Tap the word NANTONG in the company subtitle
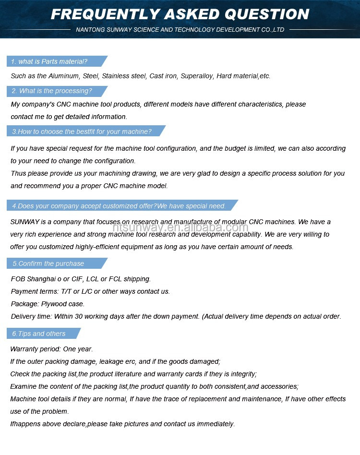[87, 30]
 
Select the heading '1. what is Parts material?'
[49, 61]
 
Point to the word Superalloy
[196, 76]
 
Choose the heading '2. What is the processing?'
[51, 91]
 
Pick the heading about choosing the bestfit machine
[82, 132]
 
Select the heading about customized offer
[119, 206]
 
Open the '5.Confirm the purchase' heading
[48, 263]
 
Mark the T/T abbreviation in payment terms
[66, 291]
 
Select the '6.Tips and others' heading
[38, 334]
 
